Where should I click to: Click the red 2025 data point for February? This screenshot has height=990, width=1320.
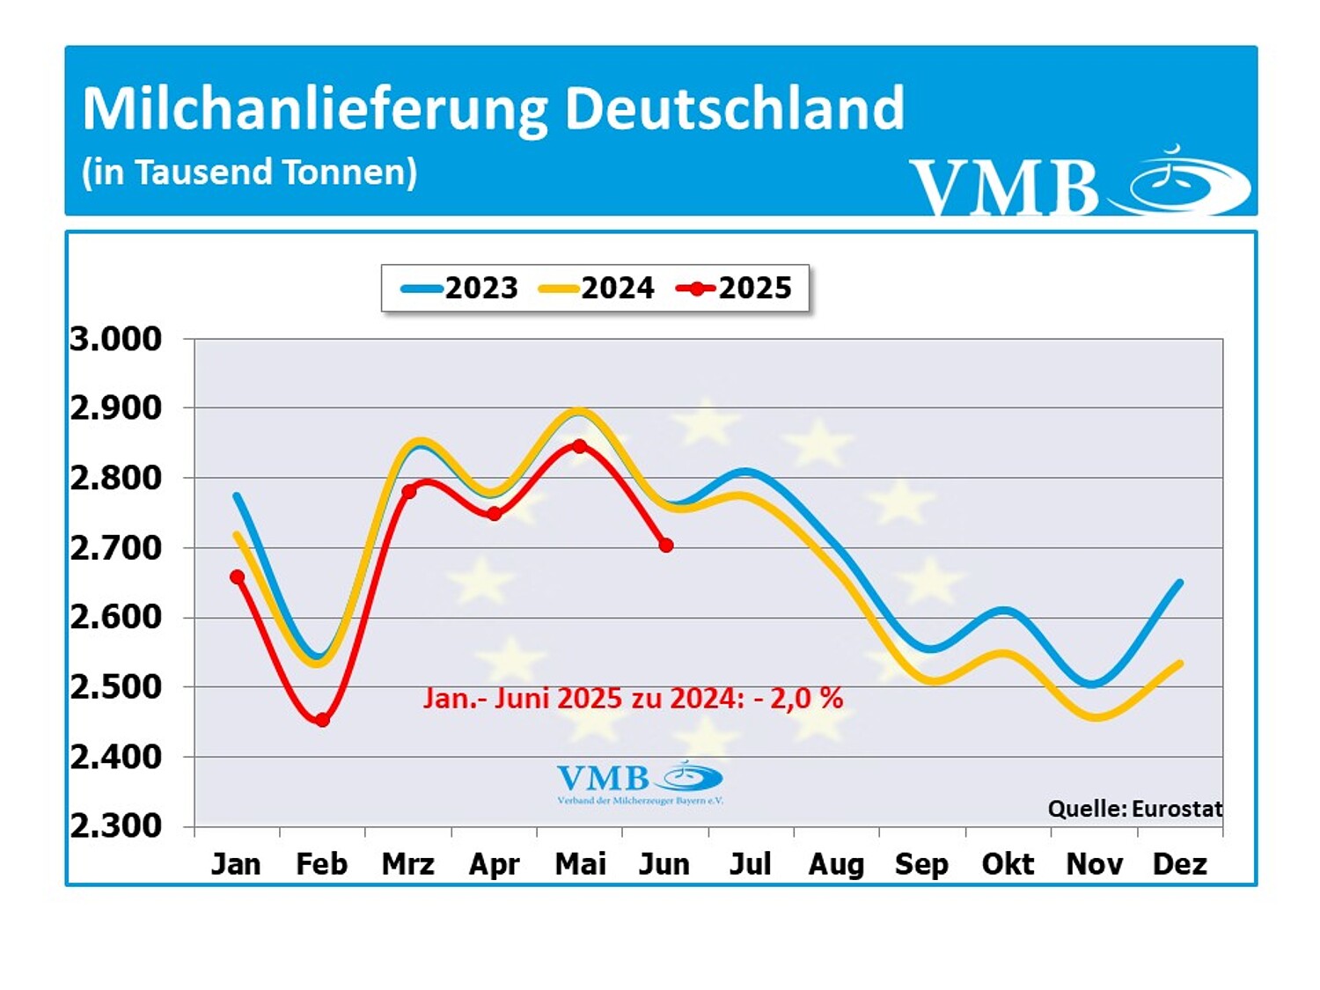tap(322, 720)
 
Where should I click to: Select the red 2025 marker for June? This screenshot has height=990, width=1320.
tap(666, 546)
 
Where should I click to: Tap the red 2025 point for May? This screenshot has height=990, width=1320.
tap(579, 446)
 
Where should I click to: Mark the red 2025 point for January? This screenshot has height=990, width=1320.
tap(237, 577)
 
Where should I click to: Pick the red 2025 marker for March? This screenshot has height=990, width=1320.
tap(408, 491)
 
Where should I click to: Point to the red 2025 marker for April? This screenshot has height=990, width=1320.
tap(495, 514)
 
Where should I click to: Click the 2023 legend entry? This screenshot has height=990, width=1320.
tap(460, 288)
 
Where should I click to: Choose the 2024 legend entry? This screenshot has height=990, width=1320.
tap(597, 288)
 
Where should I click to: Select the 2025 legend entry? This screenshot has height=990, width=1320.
tap(735, 288)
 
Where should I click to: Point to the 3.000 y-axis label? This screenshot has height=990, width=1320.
tap(116, 339)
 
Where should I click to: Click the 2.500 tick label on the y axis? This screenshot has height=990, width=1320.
tap(116, 686)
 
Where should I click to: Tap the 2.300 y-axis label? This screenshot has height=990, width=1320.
tap(116, 825)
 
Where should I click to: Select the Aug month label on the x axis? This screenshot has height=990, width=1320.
tap(836, 864)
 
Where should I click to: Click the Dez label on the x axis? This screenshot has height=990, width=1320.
tap(1179, 864)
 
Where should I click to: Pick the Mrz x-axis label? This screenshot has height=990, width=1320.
tap(408, 864)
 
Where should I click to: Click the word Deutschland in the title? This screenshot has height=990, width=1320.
tap(734, 108)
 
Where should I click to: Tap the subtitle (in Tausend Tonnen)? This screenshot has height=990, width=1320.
tap(249, 172)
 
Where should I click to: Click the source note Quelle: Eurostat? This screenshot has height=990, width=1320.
tap(1134, 809)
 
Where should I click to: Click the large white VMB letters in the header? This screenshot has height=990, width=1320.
tap(1004, 187)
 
